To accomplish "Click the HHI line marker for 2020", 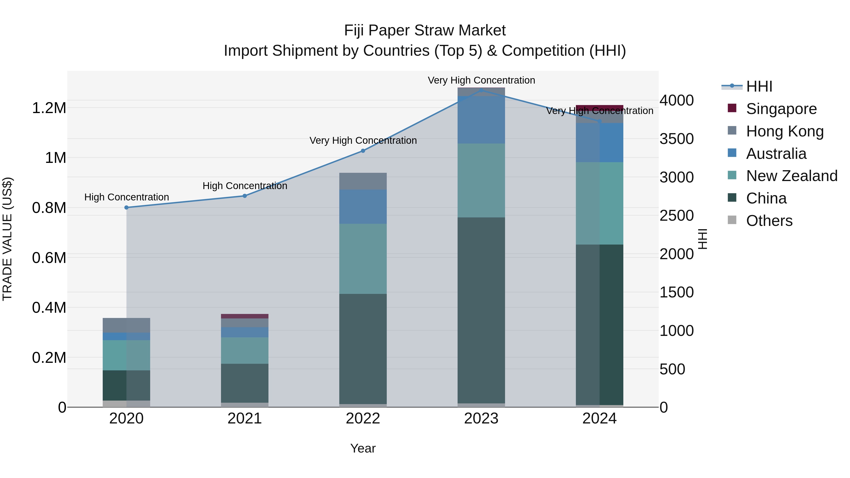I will pyautogui.click(x=126, y=207).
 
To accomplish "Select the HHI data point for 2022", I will pyautogui.click(x=363, y=151).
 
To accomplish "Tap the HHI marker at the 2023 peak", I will pyautogui.click(x=481, y=90).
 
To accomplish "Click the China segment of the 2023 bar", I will pyautogui.click(x=481, y=310).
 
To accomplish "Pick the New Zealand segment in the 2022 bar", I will pyautogui.click(x=363, y=259).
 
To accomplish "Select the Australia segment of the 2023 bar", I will pyautogui.click(x=481, y=120).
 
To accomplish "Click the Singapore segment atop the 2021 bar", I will pyautogui.click(x=245, y=316).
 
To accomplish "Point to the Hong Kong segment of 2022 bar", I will pyautogui.click(x=363, y=181).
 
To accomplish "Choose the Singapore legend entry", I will pyautogui.click(x=781, y=109).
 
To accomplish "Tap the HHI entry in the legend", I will pyautogui.click(x=759, y=86).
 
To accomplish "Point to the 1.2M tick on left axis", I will pyautogui.click(x=49, y=108).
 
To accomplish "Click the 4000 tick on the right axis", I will pyautogui.click(x=676, y=100).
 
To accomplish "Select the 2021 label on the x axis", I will pyautogui.click(x=245, y=419).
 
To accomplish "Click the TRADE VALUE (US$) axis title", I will pyautogui.click(x=7, y=239).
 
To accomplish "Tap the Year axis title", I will pyautogui.click(x=363, y=448).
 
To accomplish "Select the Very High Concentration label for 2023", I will pyautogui.click(x=481, y=80).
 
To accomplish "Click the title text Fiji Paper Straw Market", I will pyautogui.click(x=425, y=30).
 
